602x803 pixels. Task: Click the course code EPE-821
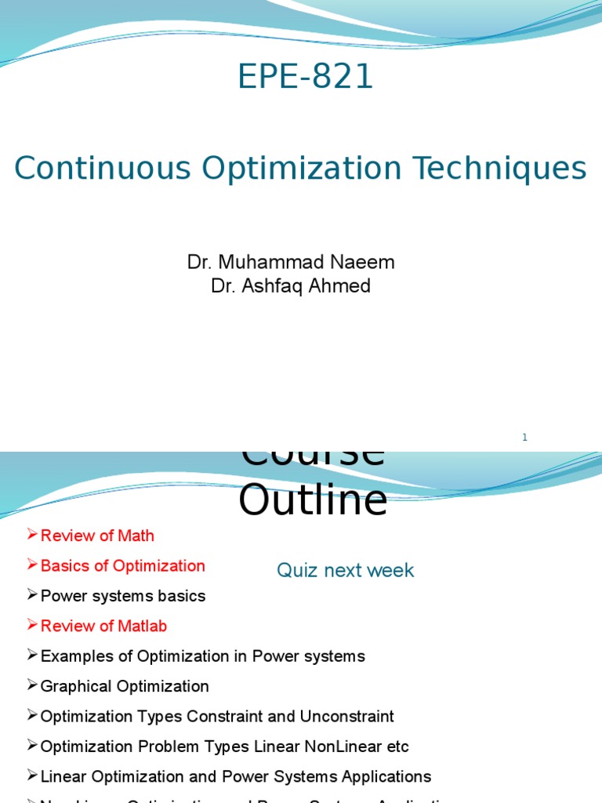pos(306,77)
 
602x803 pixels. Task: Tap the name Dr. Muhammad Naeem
pos(291,263)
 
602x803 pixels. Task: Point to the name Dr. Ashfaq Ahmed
pos(291,286)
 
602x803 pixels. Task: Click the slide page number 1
pos(525,438)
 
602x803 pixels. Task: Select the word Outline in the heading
pos(313,500)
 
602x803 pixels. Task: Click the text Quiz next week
pos(345,571)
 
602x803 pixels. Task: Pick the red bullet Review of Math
pos(97,536)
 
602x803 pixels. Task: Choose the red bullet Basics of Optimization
pos(122,566)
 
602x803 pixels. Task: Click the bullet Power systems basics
pos(122,596)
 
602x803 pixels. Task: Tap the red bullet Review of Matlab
pos(103,627)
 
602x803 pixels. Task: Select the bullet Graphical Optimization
pos(125,687)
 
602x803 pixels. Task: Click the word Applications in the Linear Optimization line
pos(386,776)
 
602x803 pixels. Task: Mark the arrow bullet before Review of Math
pos(32,535)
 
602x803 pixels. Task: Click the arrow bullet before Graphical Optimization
pos(32,685)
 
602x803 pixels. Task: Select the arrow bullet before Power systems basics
pos(32,595)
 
